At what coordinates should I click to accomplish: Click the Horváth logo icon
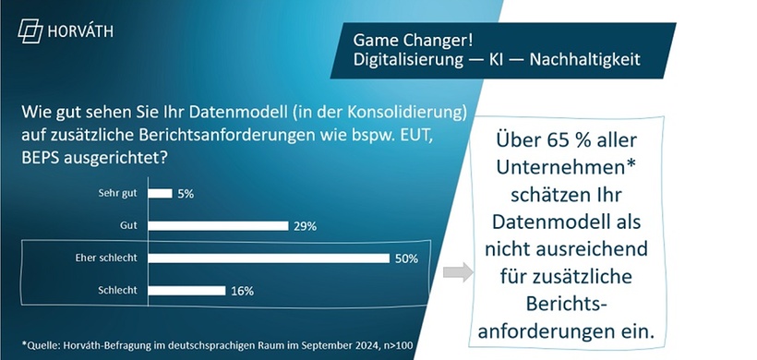(x=31, y=30)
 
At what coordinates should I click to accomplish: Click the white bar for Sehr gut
(x=160, y=193)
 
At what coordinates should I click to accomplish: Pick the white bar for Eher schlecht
(x=270, y=258)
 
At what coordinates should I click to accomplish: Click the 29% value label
(x=306, y=226)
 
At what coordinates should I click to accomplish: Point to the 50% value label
(x=407, y=258)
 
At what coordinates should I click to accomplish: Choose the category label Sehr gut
(x=117, y=193)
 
